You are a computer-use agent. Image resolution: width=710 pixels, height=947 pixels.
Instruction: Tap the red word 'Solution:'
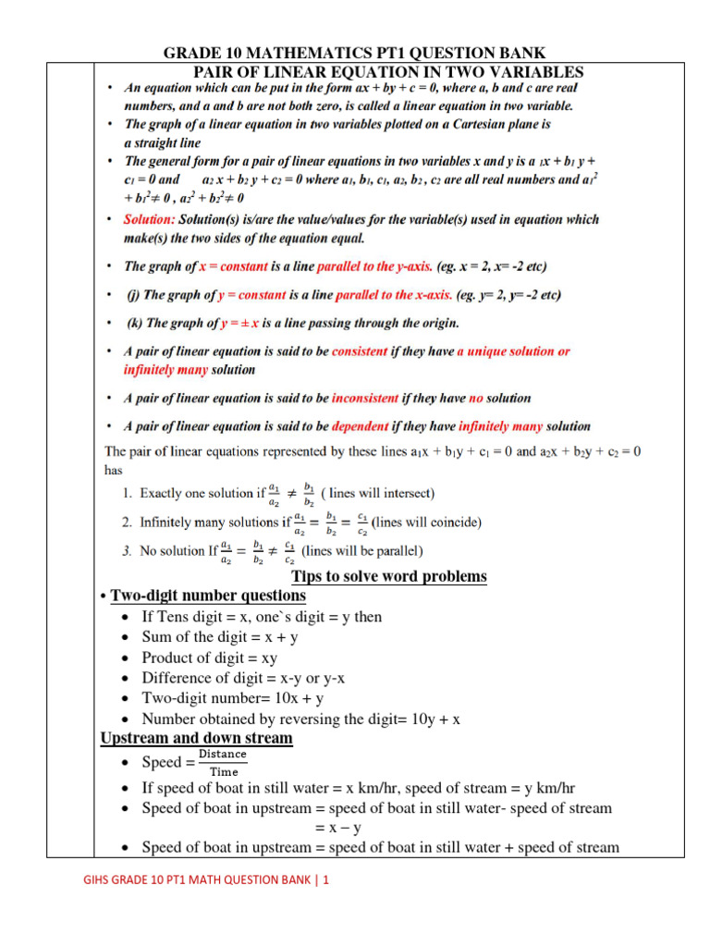[x=149, y=219]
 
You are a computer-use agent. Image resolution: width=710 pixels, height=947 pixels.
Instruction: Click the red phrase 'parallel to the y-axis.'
[x=374, y=266]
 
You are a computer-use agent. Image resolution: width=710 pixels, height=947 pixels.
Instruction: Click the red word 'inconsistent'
[x=365, y=399]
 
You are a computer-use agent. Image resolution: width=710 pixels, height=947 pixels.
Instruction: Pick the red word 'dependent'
[x=360, y=426]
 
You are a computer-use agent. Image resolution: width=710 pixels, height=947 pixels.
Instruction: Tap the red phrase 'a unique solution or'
[x=513, y=351]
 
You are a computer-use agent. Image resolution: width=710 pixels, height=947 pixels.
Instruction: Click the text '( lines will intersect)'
[x=378, y=493]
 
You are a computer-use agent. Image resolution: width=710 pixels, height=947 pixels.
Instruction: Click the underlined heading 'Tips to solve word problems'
[x=388, y=577]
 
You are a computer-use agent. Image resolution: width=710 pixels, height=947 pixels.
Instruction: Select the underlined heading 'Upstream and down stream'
[x=196, y=738]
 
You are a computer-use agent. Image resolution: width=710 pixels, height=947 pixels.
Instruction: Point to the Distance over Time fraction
[x=224, y=763]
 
